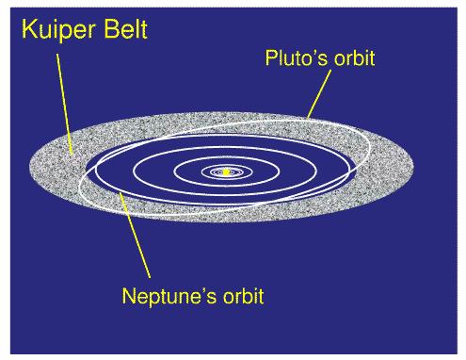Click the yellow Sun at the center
226,172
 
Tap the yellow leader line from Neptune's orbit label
136,237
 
